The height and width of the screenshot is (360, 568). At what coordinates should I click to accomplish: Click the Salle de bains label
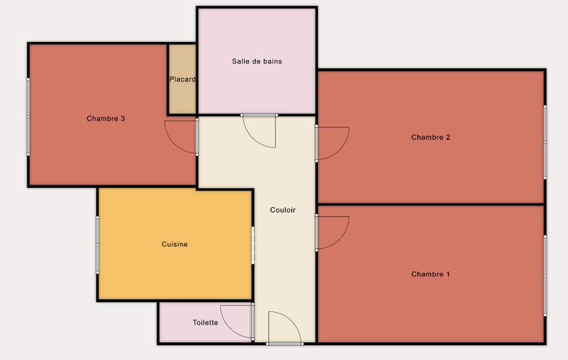257,61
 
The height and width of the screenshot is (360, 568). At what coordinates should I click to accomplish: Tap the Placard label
183,79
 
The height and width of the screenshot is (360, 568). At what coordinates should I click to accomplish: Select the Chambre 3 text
106,119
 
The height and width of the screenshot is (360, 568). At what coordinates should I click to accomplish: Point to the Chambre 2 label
431,138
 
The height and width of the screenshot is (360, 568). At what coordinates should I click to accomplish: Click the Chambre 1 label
431,274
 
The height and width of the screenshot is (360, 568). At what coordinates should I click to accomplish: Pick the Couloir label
283,210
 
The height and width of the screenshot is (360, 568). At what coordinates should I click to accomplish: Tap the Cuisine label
175,245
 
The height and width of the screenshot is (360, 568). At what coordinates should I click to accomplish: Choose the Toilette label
205,322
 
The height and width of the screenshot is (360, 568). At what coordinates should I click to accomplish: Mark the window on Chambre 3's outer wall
28,117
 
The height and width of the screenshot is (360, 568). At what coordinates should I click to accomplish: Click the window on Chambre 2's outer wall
545,142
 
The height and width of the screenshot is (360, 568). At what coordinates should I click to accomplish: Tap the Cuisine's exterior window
97,245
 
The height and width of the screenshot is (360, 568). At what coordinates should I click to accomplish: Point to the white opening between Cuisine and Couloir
253,245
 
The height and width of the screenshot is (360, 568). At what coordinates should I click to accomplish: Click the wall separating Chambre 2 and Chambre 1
431,205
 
